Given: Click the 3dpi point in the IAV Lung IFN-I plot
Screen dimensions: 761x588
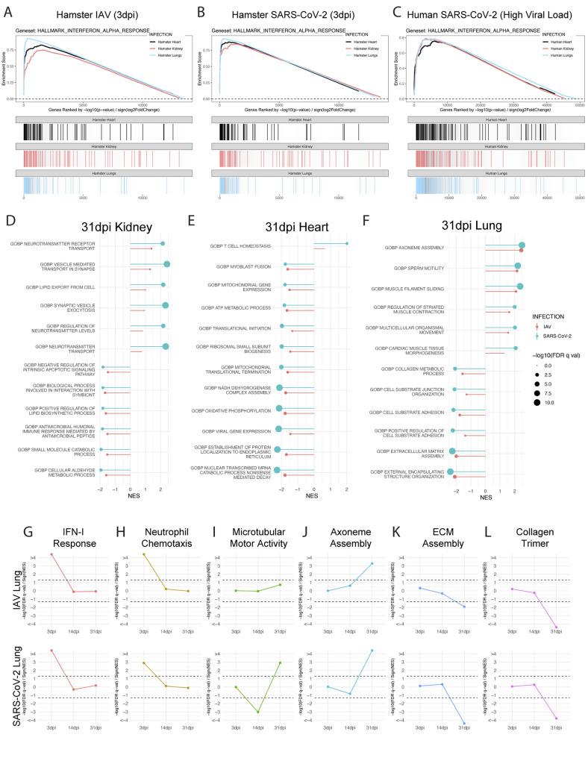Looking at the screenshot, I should [x=51, y=554].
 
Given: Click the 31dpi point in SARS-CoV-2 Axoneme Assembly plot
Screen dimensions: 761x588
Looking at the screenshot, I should [x=371, y=651].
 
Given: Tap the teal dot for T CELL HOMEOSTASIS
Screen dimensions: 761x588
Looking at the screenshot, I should [x=347, y=243].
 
